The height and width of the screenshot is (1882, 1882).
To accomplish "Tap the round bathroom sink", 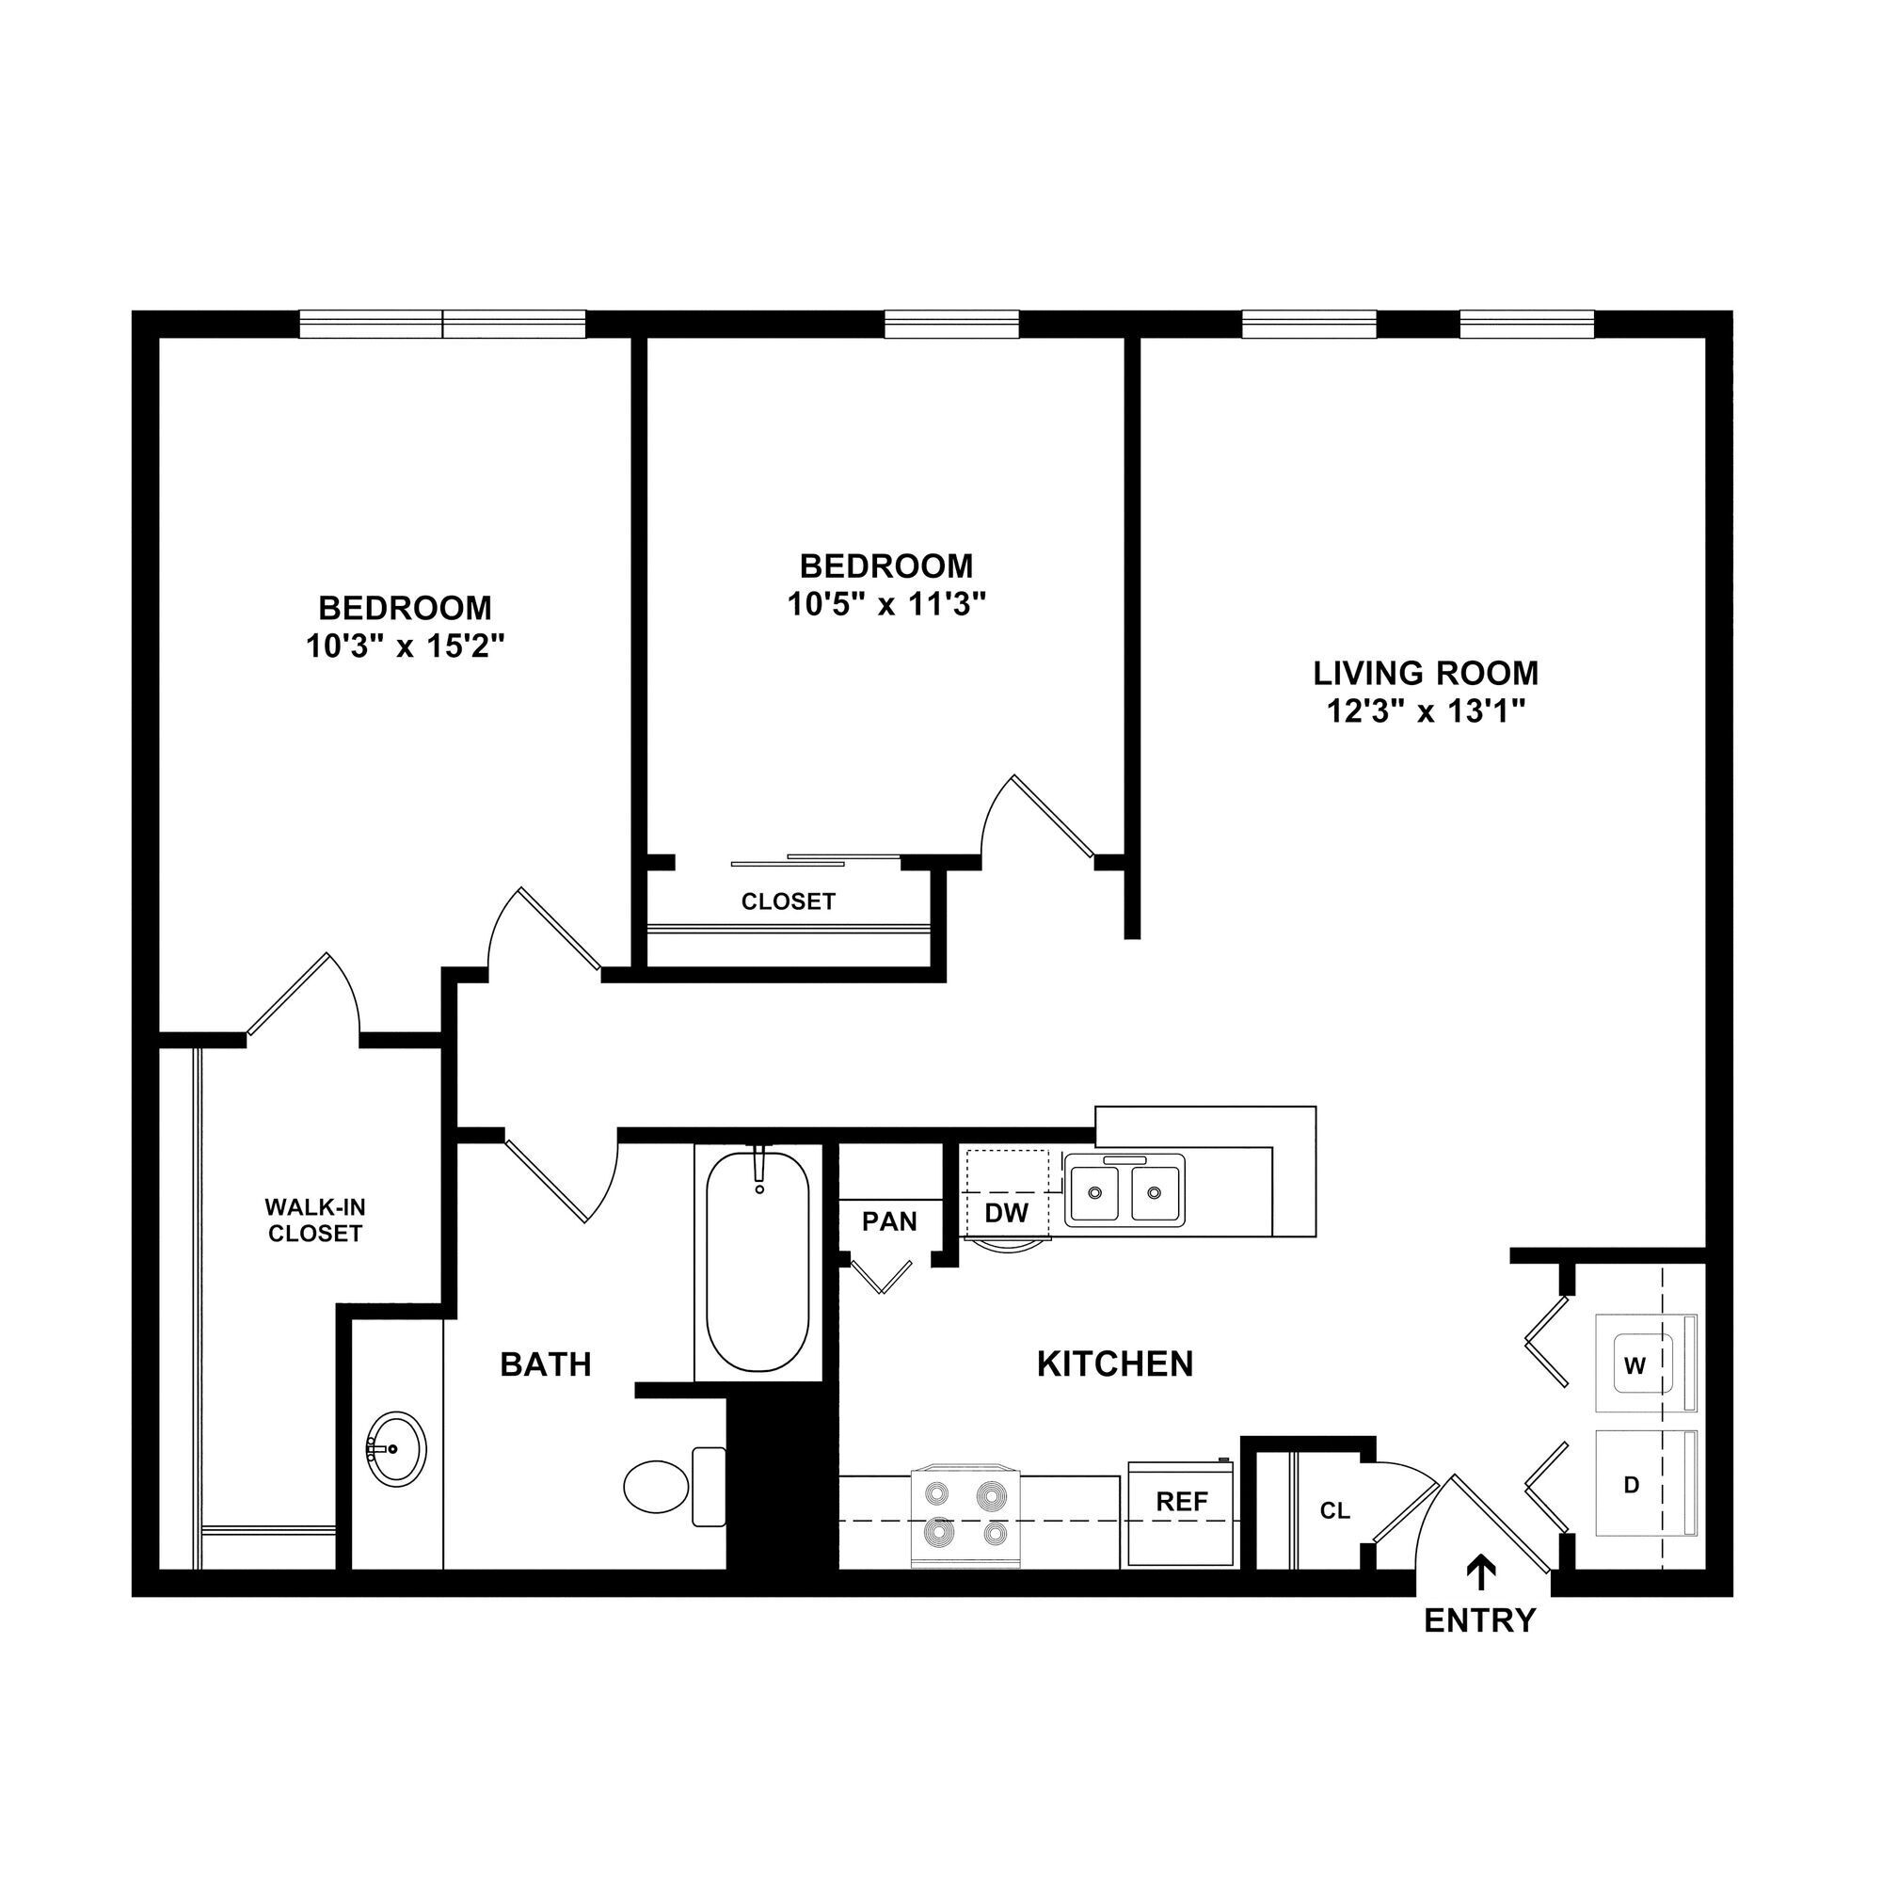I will click(x=395, y=1448).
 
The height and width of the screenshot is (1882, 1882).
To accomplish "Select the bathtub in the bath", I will click(x=758, y=1262).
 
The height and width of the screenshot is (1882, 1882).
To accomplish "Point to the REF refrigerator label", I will click(x=1182, y=1501).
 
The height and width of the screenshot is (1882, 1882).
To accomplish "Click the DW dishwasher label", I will click(x=1006, y=1213).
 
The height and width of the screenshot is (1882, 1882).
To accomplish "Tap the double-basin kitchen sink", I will click(x=1124, y=1190).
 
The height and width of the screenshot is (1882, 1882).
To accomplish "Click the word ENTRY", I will click(x=1479, y=1620).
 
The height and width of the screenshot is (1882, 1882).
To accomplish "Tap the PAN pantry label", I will click(x=889, y=1220).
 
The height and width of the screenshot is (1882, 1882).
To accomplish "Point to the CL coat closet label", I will click(x=1334, y=1511).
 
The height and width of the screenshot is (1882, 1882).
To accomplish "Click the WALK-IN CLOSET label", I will click(x=314, y=1220).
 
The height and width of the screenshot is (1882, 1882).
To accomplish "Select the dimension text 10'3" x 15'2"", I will click(x=406, y=646).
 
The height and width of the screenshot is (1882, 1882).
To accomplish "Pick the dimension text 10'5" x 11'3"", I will click(x=886, y=605).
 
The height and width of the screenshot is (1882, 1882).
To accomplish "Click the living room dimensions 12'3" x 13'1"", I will click(x=1425, y=712).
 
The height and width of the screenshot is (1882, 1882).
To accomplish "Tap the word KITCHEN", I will click(x=1114, y=1364).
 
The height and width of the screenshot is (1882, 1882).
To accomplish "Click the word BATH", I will click(x=546, y=1364).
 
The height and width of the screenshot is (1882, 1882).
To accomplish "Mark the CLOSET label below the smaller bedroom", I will click(x=788, y=902).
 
